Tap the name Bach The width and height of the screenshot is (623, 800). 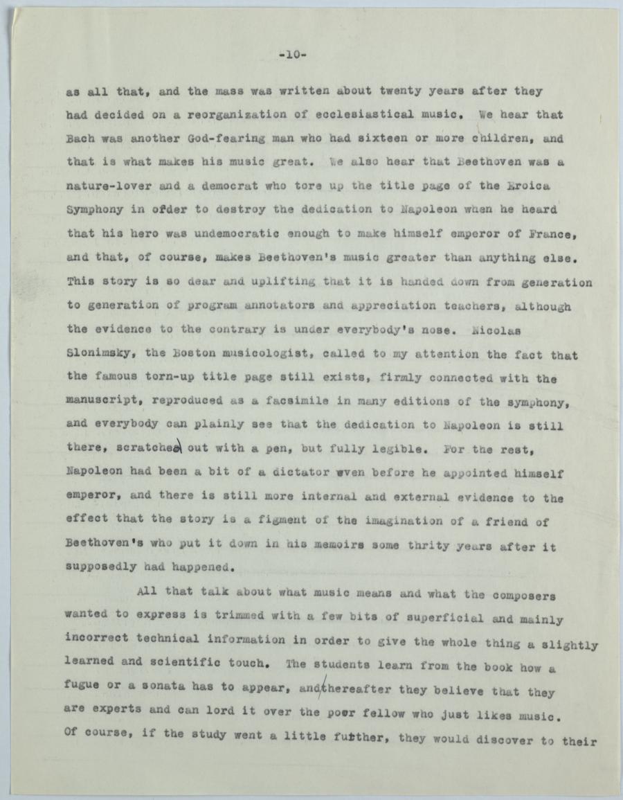tap(81, 138)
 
